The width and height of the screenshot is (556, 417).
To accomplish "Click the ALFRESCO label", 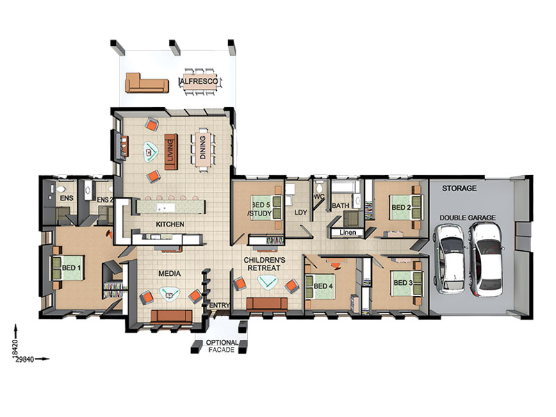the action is click(199, 81).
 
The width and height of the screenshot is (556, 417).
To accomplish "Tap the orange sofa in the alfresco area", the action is click(147, 83).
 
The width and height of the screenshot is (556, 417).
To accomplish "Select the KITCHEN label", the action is click(170, 224).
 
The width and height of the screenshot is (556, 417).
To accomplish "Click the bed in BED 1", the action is click(68, 268).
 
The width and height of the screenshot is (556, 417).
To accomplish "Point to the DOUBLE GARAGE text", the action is click(467, 218).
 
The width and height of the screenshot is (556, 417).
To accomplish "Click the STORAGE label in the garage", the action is click(459, 188).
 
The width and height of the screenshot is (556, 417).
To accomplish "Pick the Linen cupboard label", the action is click(347, 233).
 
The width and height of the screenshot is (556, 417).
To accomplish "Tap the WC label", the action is click(319, 197).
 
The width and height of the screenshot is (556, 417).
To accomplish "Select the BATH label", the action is click(341, 206).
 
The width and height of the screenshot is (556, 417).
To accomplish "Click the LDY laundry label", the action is click(301, 213).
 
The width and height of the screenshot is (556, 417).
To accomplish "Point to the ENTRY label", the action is click(220, 305).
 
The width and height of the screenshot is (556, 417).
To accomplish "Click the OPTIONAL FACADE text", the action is click(222, 346).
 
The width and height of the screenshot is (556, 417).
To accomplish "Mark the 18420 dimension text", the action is click(15, 349).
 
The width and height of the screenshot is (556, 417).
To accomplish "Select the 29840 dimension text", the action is click(24, 359).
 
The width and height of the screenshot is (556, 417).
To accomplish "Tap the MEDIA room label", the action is click(170, 273).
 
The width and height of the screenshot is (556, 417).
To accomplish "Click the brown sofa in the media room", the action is click(171, 316).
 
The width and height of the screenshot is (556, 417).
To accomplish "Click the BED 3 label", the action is click(403, 283).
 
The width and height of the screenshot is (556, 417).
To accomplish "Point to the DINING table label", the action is click(202, 147).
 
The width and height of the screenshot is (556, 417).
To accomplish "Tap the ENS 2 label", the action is click(105, 199).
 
